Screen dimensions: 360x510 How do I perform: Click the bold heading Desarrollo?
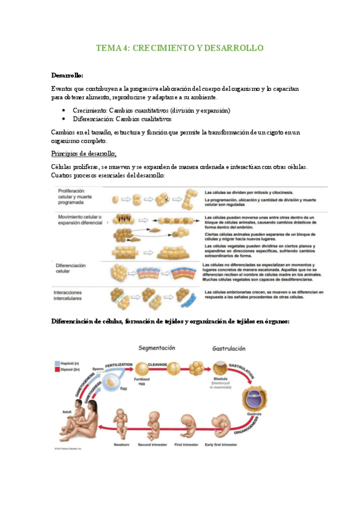tap(67, 75)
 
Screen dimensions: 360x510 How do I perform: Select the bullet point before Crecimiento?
tap(64, 111)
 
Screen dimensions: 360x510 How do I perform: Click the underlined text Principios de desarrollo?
tap(84, 153)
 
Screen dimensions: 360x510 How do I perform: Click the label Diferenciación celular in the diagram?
tap(71, 268)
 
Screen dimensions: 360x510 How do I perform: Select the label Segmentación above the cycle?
tap(157, 348)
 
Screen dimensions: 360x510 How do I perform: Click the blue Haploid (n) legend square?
tap(56, 364)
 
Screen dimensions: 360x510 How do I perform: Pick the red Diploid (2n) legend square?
tap(56, 370)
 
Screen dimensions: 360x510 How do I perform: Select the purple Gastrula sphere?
tap(251, 398)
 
